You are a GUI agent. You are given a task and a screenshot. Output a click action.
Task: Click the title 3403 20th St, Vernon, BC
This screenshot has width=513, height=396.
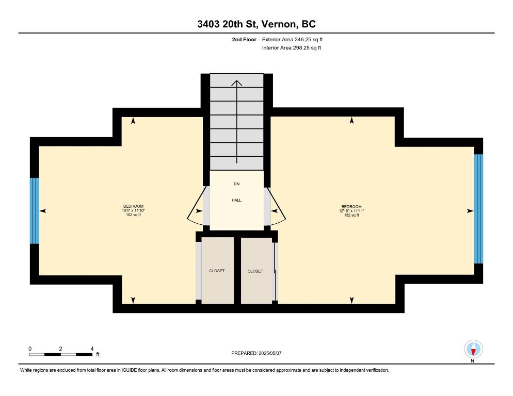(256, 24)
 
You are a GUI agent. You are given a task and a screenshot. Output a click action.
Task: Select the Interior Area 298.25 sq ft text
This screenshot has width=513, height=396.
(292, 48)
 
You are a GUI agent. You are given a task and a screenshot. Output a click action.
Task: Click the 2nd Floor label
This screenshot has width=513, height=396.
(244, 39)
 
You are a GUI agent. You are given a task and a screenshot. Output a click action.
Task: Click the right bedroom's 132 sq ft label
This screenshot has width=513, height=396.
(351, 215)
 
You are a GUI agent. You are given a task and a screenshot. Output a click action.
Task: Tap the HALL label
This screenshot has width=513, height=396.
(236, 200)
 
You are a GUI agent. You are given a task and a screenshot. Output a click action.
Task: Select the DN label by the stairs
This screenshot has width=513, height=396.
(236, 184)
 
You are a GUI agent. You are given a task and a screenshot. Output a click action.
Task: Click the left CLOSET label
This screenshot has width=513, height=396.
(217, 271)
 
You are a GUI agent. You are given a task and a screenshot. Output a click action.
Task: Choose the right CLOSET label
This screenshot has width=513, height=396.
(255, 271)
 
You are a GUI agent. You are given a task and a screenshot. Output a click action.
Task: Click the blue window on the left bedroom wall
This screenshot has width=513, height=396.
(34, 210)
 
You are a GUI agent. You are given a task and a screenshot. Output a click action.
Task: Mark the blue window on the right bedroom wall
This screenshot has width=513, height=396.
(478, 208)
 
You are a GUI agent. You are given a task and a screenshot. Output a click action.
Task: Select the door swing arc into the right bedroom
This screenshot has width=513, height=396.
(278, 208)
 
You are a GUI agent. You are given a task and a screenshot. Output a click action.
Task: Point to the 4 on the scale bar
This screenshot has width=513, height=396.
(92, 349)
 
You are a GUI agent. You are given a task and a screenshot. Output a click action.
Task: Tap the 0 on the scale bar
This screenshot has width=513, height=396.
(30, 349)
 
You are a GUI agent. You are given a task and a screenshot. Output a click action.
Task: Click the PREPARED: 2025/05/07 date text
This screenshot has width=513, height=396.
(256, 353)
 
